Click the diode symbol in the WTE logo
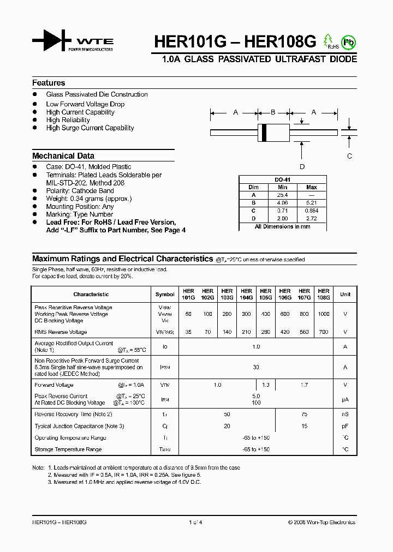point(52,41)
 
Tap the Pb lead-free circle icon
point(348,42)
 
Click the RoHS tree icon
point(329,41)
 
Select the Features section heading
point(49,83)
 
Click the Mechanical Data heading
point(63,155)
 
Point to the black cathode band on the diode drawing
point(265,131)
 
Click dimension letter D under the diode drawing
point(302,167)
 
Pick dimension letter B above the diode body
point(273,112)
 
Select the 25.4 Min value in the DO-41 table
point(282,195)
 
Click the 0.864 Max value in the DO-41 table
point(312,211)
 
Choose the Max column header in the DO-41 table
point(312,187)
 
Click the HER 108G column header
point(324,295)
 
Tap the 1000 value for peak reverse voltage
point(324,314)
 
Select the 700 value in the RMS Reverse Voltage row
point(324,332)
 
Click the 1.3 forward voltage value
point(266,385)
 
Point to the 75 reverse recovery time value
point(305,415)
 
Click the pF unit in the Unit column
point(345,426)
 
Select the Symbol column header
point(165,295)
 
